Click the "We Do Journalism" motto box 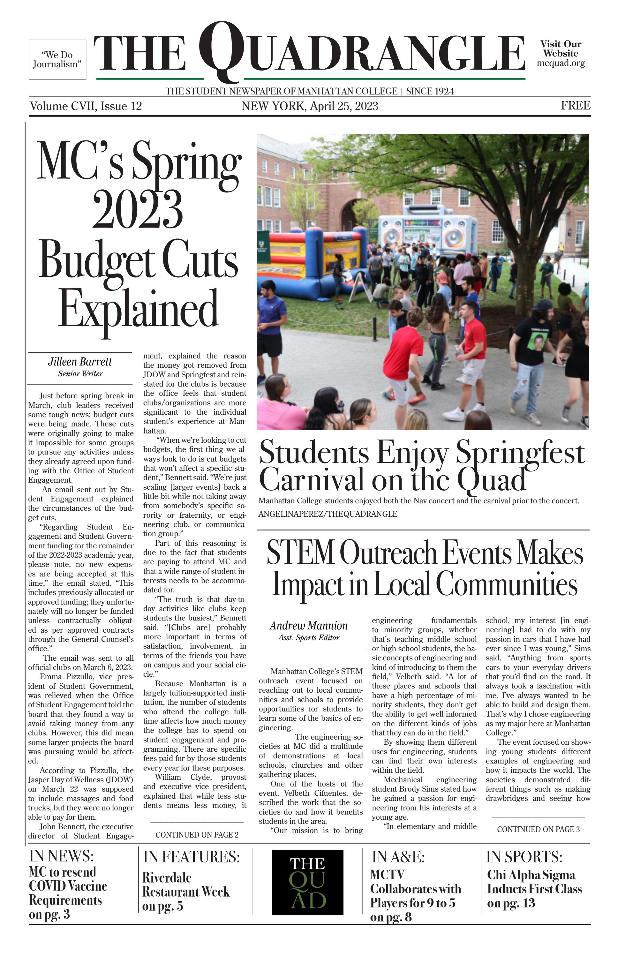(x=57, y=59)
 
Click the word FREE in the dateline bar (x=575, y=106)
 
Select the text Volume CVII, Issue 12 (x=86, y=106)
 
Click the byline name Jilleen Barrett (x=80, y=362)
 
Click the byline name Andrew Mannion (x=308, y=626)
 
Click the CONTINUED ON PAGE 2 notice (x=197, y=835)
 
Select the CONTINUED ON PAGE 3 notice (x=538, y=829)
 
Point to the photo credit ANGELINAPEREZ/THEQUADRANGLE (x=328, y=514)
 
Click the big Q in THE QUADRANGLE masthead (x=222, y=50)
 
